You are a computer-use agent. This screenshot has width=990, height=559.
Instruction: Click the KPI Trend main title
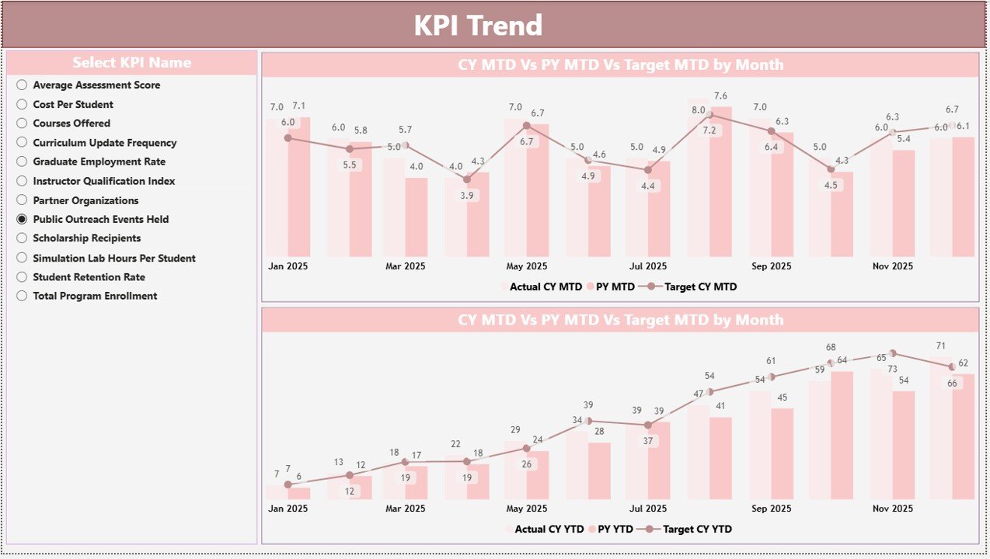[x=477, y=26]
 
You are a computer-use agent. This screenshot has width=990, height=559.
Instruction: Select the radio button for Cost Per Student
[x=22, y=104]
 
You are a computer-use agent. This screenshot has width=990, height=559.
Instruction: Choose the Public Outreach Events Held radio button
[x=22, y=219]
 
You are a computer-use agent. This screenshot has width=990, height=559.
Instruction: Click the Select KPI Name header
[x=131, y=63]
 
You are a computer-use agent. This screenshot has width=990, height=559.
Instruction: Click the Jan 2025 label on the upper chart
[x=288, y=266]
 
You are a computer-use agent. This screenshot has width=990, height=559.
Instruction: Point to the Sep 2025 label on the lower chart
[x=772, y=509]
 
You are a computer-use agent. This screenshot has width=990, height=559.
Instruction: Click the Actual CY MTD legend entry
[x=545, y=286]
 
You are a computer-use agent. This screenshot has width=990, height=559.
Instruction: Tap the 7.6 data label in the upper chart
[x=720, y=96]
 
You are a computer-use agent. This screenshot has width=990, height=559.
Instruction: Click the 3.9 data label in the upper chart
[x=467, y=196]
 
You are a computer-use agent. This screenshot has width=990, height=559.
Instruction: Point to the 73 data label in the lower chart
[x=892, y=369]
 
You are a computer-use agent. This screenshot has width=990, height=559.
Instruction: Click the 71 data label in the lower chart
[x=940, y=345]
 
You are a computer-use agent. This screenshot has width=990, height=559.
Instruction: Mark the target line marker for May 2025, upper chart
[x=526, y=125]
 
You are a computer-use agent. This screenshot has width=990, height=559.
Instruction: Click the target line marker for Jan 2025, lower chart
[x=288, y=484]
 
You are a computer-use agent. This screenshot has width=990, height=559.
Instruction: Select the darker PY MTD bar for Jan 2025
[x=299, y=186]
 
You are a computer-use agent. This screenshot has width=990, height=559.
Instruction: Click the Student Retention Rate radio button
[x=22, y=277]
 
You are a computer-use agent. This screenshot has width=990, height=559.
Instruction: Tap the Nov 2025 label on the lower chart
[x=892, y=509]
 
